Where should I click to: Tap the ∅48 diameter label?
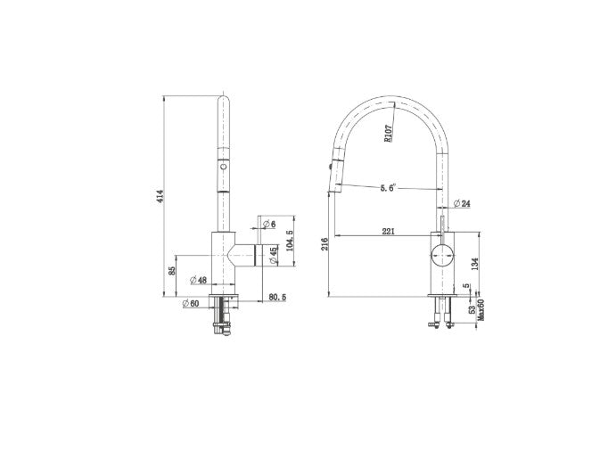coord(198,280)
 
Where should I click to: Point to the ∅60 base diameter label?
coord(190,303)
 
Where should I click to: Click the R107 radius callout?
coord(389,133)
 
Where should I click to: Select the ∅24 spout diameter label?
coord(462,203)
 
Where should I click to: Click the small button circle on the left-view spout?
coord(223,166)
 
